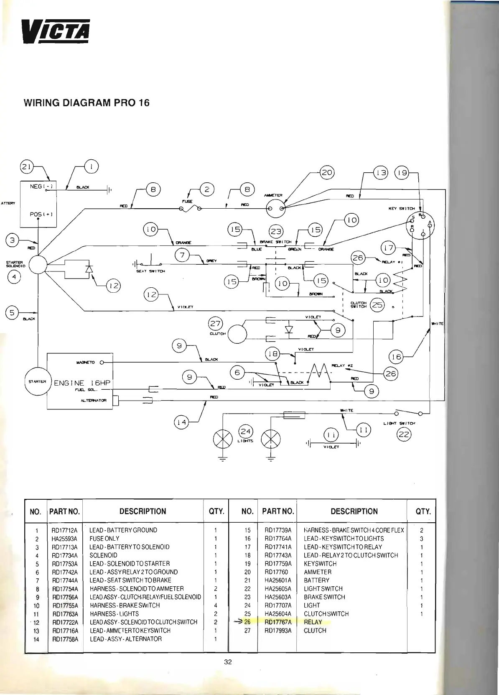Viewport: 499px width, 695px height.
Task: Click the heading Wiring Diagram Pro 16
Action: [87, 103]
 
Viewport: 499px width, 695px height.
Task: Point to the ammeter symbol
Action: [276, 208]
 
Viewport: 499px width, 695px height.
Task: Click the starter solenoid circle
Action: [38, 264]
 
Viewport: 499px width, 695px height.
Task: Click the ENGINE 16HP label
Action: [80, 383]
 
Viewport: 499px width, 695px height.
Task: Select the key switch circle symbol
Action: [420, 226]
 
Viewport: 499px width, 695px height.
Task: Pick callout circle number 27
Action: [216, 324]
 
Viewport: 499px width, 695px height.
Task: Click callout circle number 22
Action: [404, 435]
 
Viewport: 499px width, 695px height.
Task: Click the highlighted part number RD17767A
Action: [278, 622]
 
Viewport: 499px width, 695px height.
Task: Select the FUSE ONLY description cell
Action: [104, 539]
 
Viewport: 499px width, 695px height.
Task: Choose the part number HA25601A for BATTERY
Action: [278, 580]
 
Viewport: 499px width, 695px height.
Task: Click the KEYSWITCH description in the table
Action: [320, 564]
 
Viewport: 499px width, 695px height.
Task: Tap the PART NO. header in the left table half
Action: [64, 511]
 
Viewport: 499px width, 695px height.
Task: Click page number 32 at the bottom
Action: [228, 662]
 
